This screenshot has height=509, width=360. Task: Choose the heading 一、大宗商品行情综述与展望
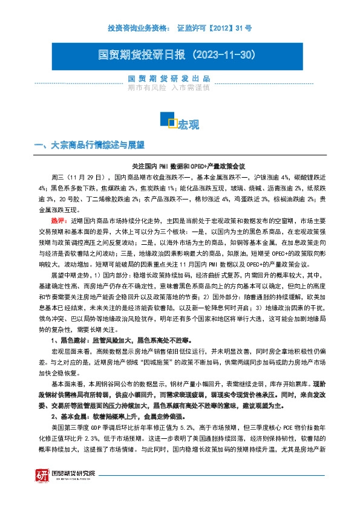coord(90,145)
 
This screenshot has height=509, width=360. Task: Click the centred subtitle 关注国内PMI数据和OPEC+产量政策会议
coord(188,166)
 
